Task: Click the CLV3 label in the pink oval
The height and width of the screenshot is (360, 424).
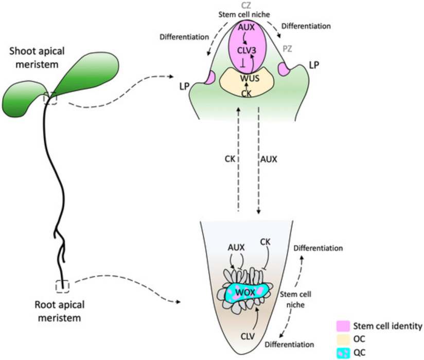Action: coord(246,50)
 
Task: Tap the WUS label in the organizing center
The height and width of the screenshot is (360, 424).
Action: coord(250,78)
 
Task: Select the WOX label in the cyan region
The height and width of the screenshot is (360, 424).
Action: coord(245,292)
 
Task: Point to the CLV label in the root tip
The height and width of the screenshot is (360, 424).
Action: coord(248,336)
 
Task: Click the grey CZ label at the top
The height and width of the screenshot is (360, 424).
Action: coord(246,6)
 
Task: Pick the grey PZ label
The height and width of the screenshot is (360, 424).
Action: coord(287,49)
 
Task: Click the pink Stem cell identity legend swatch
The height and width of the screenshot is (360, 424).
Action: coord(343,326)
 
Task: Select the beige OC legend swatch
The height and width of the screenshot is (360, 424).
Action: coord(343,339)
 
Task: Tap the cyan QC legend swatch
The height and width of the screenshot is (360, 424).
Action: coord(343,352)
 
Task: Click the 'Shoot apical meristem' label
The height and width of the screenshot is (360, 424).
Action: coord(37,58)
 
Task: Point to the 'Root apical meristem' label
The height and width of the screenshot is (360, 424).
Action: coord(60,311)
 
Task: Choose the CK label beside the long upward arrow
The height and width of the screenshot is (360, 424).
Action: coord(230,159)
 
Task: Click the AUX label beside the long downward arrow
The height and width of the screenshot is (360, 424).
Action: coord(269,159)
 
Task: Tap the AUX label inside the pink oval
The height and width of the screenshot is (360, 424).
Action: coord(246,27)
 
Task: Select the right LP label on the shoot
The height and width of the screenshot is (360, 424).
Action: coord(314,65)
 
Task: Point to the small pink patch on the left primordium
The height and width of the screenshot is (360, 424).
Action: coord(210,78)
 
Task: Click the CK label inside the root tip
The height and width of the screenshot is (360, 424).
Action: coord(265,242)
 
